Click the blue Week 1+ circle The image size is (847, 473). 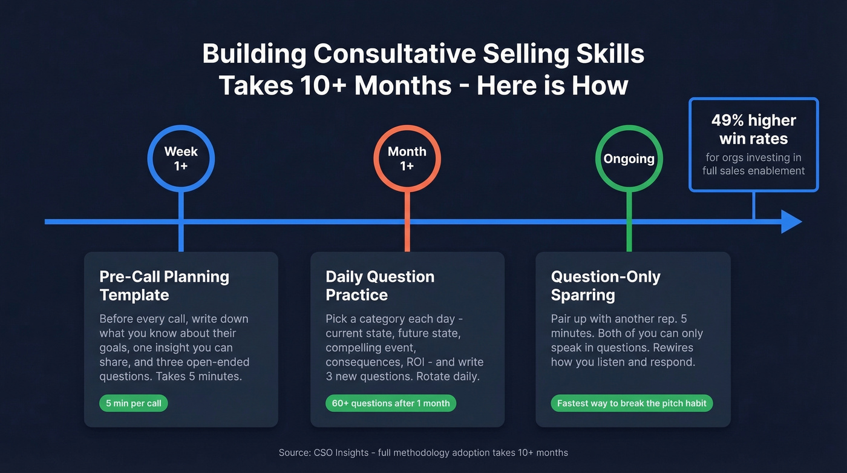pyautogui.click(x=181, y=159)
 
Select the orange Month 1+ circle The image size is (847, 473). pyautogui.click(x=407, y=159)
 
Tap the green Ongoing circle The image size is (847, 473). pyautogui.click(x=629, y=159)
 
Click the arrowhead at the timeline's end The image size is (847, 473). pyautogui.click(x=791, y=222)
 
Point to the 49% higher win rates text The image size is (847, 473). pyautogui.click(x=753, y=130)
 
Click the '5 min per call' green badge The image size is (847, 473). pyautogui.click(x=133, y=403)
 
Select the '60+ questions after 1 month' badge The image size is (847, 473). pyautogui.click(x=391, y=403)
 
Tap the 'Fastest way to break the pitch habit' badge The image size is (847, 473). pyautogui.click(x=632, y=403)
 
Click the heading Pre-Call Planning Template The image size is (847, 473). pyautogui.click(x=164, y=286)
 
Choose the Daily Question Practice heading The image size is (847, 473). pyautogui.click(x=380, y=286)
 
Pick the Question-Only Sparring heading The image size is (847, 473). pyautogui.click(x=606, y=286)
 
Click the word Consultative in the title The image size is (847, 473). pyautogui.click(x=393, y=54)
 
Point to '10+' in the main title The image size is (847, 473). pyautogui.click(x=321, y=85)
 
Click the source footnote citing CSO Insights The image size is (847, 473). pyautogui.click(x=423, y=452)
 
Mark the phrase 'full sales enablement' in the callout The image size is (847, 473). pyautogui.click(x=753, y=171)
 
